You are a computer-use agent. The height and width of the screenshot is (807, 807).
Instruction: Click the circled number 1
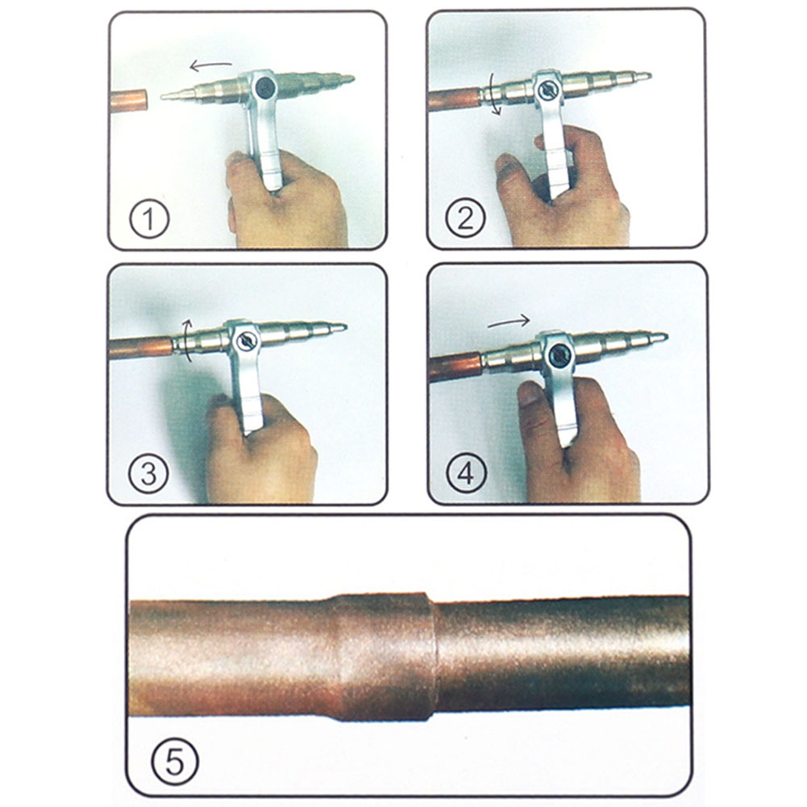pyautogui.click(x=148, y=219)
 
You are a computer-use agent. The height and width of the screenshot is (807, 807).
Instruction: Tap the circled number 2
pyautogui.click(x=466, y=219)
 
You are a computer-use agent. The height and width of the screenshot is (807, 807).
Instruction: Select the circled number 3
pyautogui.click(x=148, y=474)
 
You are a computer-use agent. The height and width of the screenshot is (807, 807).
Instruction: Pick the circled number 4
pyautogui.click(x=466, y=474)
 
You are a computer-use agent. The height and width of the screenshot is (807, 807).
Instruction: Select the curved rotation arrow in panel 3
pyautogui.click(x=185, y=343)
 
